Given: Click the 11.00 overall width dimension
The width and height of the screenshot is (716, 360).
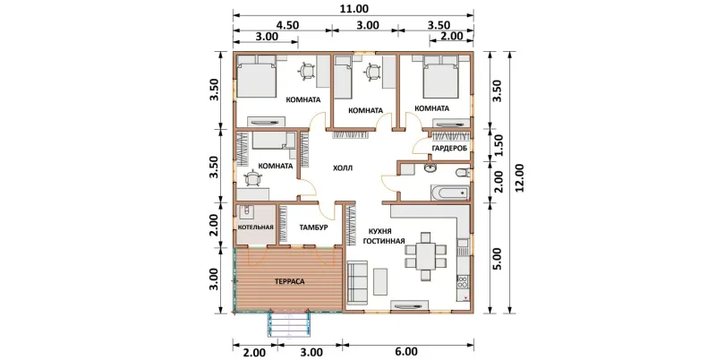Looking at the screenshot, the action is tap(354, 9).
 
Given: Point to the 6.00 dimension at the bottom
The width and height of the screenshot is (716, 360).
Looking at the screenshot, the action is tap(405, 352).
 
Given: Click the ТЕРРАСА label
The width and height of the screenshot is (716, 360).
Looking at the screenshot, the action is tap(289, 281).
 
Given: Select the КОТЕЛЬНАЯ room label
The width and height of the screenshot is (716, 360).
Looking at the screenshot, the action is tap(256, 227).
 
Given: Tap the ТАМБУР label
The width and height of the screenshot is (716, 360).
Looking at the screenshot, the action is tap(313, 227).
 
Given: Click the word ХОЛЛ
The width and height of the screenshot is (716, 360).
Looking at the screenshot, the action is tap(343, 168).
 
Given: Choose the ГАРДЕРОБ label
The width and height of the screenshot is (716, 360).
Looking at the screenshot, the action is tap(448, 149).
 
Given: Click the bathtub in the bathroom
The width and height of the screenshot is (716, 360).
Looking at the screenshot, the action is tap(449, 193).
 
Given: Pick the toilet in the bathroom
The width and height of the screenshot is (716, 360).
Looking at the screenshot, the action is tap(462, 173).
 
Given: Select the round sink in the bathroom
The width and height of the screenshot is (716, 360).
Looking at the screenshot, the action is tap(430, 169).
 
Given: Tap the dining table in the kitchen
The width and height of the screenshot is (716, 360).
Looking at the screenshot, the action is tap(426, 256).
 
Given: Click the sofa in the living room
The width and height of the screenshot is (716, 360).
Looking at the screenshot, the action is tap(357, 282).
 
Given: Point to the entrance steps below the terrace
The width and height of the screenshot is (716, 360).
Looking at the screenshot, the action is tap(289, 325).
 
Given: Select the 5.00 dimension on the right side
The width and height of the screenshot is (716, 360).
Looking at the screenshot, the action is tap(498, 259).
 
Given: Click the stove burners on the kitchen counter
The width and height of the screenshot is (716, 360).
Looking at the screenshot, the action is tap(463, 281).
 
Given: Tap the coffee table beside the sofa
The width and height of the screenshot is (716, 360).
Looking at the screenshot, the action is tap(381, 281).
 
